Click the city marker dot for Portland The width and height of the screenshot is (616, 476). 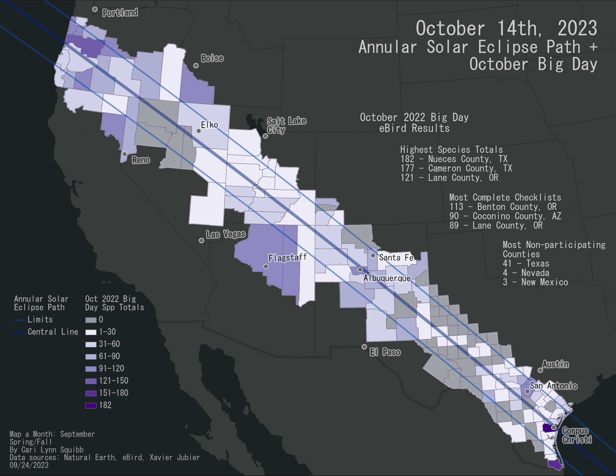95,9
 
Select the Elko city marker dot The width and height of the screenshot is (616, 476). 199,131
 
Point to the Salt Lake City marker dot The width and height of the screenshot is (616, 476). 265,136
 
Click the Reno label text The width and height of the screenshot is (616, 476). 141,160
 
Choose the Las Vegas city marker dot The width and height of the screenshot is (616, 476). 201,241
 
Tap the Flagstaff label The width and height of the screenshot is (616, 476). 287,257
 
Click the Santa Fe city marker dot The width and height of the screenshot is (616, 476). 373,256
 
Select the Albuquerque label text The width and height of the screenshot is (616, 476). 387,278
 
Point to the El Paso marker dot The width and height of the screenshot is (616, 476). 364,347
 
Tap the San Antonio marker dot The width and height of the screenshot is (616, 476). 527,391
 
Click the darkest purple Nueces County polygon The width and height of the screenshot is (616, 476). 547,428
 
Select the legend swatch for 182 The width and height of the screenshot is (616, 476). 91,405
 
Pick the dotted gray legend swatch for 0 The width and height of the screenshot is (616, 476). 91,320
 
